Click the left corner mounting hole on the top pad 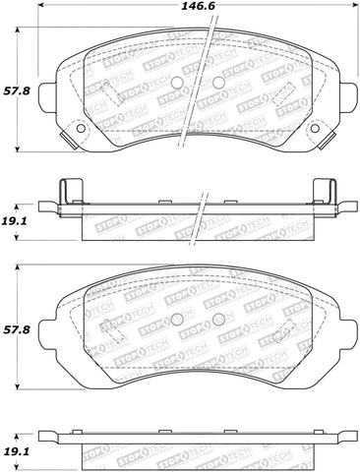[77, 128]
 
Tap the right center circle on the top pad [215, 82]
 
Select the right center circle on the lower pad [213, 319]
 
